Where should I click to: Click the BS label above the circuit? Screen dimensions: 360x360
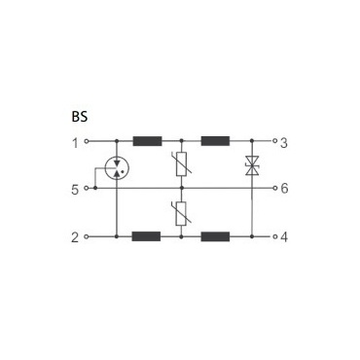80,117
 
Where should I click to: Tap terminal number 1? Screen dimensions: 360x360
75,143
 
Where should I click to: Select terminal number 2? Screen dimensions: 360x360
75,237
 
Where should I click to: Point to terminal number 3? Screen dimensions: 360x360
284,143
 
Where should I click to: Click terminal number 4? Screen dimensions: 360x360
284,237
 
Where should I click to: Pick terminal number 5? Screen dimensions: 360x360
75,190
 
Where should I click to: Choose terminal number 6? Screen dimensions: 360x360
284,189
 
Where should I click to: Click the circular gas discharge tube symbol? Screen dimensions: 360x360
117,167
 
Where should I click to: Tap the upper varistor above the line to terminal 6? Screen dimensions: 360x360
181,164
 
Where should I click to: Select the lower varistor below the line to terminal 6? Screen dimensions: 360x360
181,213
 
